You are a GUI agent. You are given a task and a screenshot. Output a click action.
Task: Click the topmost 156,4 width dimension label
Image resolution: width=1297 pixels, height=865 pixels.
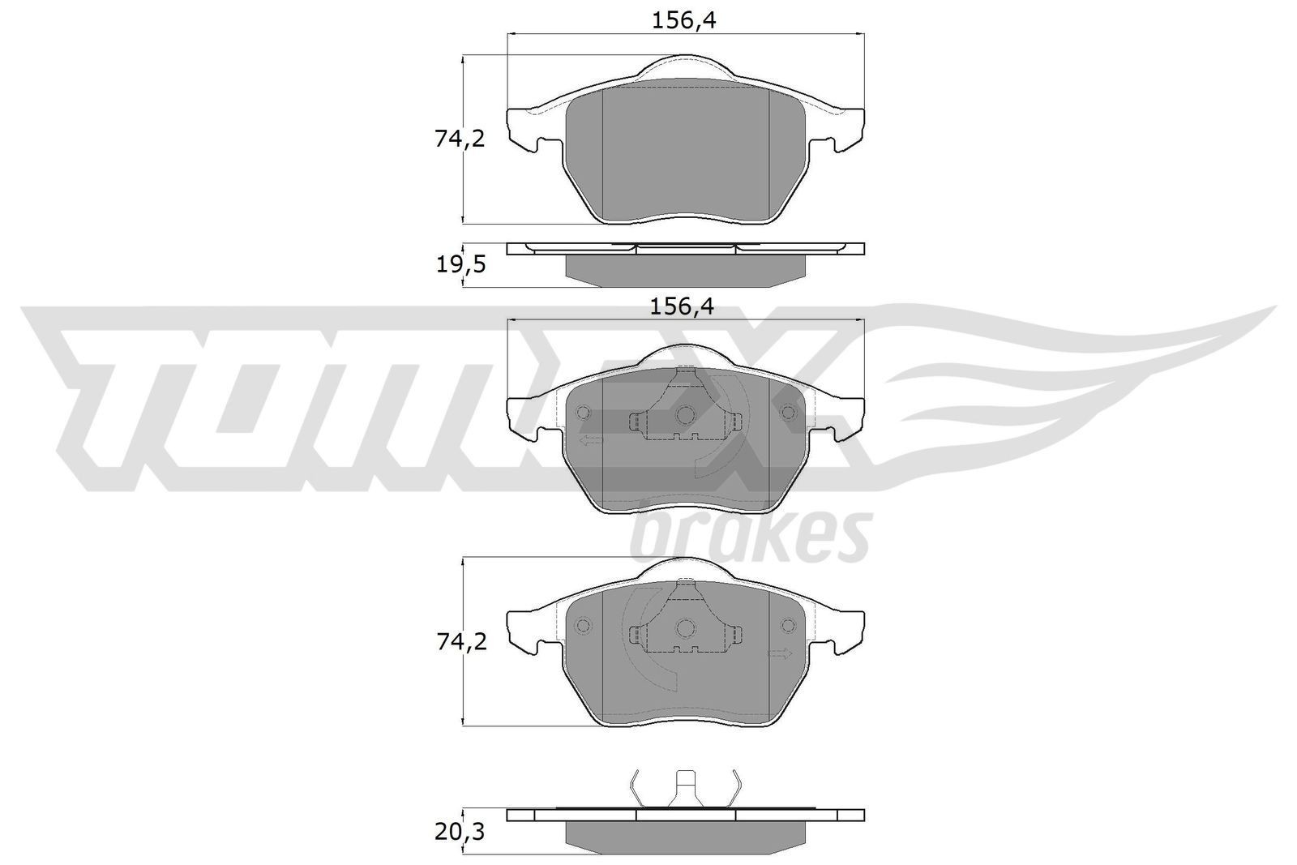684,21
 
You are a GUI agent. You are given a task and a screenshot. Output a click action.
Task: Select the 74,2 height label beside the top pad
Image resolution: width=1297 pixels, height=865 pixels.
460,139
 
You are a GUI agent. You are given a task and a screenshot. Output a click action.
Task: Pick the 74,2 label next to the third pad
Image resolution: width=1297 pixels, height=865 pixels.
460,642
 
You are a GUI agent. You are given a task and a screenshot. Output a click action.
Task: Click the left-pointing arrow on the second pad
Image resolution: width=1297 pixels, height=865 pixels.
590,440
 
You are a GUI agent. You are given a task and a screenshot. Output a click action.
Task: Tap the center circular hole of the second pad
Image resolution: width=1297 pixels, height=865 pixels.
685,415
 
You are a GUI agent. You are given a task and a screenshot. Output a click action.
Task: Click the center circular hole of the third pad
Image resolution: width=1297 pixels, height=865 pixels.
686,627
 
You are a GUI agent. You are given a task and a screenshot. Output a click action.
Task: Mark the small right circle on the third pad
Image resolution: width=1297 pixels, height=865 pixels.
787,626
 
